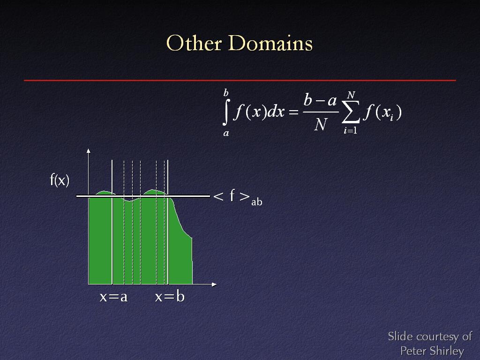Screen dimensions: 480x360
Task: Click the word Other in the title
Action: coord(194,43)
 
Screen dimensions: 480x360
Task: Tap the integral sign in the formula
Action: coord(225,112)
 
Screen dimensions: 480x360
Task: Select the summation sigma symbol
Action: coord(351,112)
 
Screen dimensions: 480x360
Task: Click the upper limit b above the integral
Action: coord(226,92)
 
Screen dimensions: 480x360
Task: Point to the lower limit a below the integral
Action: coord(226,133)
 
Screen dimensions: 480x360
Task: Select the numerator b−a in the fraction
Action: coord(320,100)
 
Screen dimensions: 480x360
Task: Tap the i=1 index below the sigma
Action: coord(351,130)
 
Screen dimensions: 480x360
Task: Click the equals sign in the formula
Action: coord(293,112)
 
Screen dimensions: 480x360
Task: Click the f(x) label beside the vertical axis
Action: coord(60,180)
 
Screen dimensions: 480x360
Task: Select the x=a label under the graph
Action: coord(113,297)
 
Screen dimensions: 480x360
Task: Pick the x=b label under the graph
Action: coord(170,296)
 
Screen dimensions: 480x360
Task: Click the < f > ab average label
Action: coord(238,197)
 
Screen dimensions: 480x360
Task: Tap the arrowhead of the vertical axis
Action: coord(89,150)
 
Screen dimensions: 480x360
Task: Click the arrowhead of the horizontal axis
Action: coord(214,285)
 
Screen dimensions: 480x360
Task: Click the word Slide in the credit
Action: coord(401,337)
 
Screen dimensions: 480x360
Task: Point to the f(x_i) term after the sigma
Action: coord(382,112)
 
